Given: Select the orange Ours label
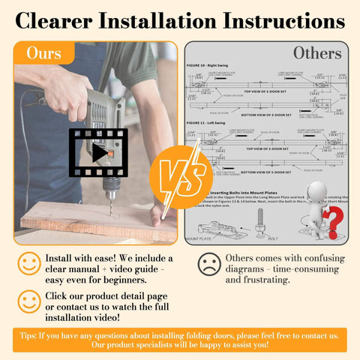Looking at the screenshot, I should click(x=44, y=53).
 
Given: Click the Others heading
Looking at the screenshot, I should click(x=317, y=52).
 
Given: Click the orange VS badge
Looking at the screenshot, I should click(x=179, y=177).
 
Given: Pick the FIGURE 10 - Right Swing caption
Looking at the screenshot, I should click(x=213, y=65).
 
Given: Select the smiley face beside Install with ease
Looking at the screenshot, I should click(x=29, y=262).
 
